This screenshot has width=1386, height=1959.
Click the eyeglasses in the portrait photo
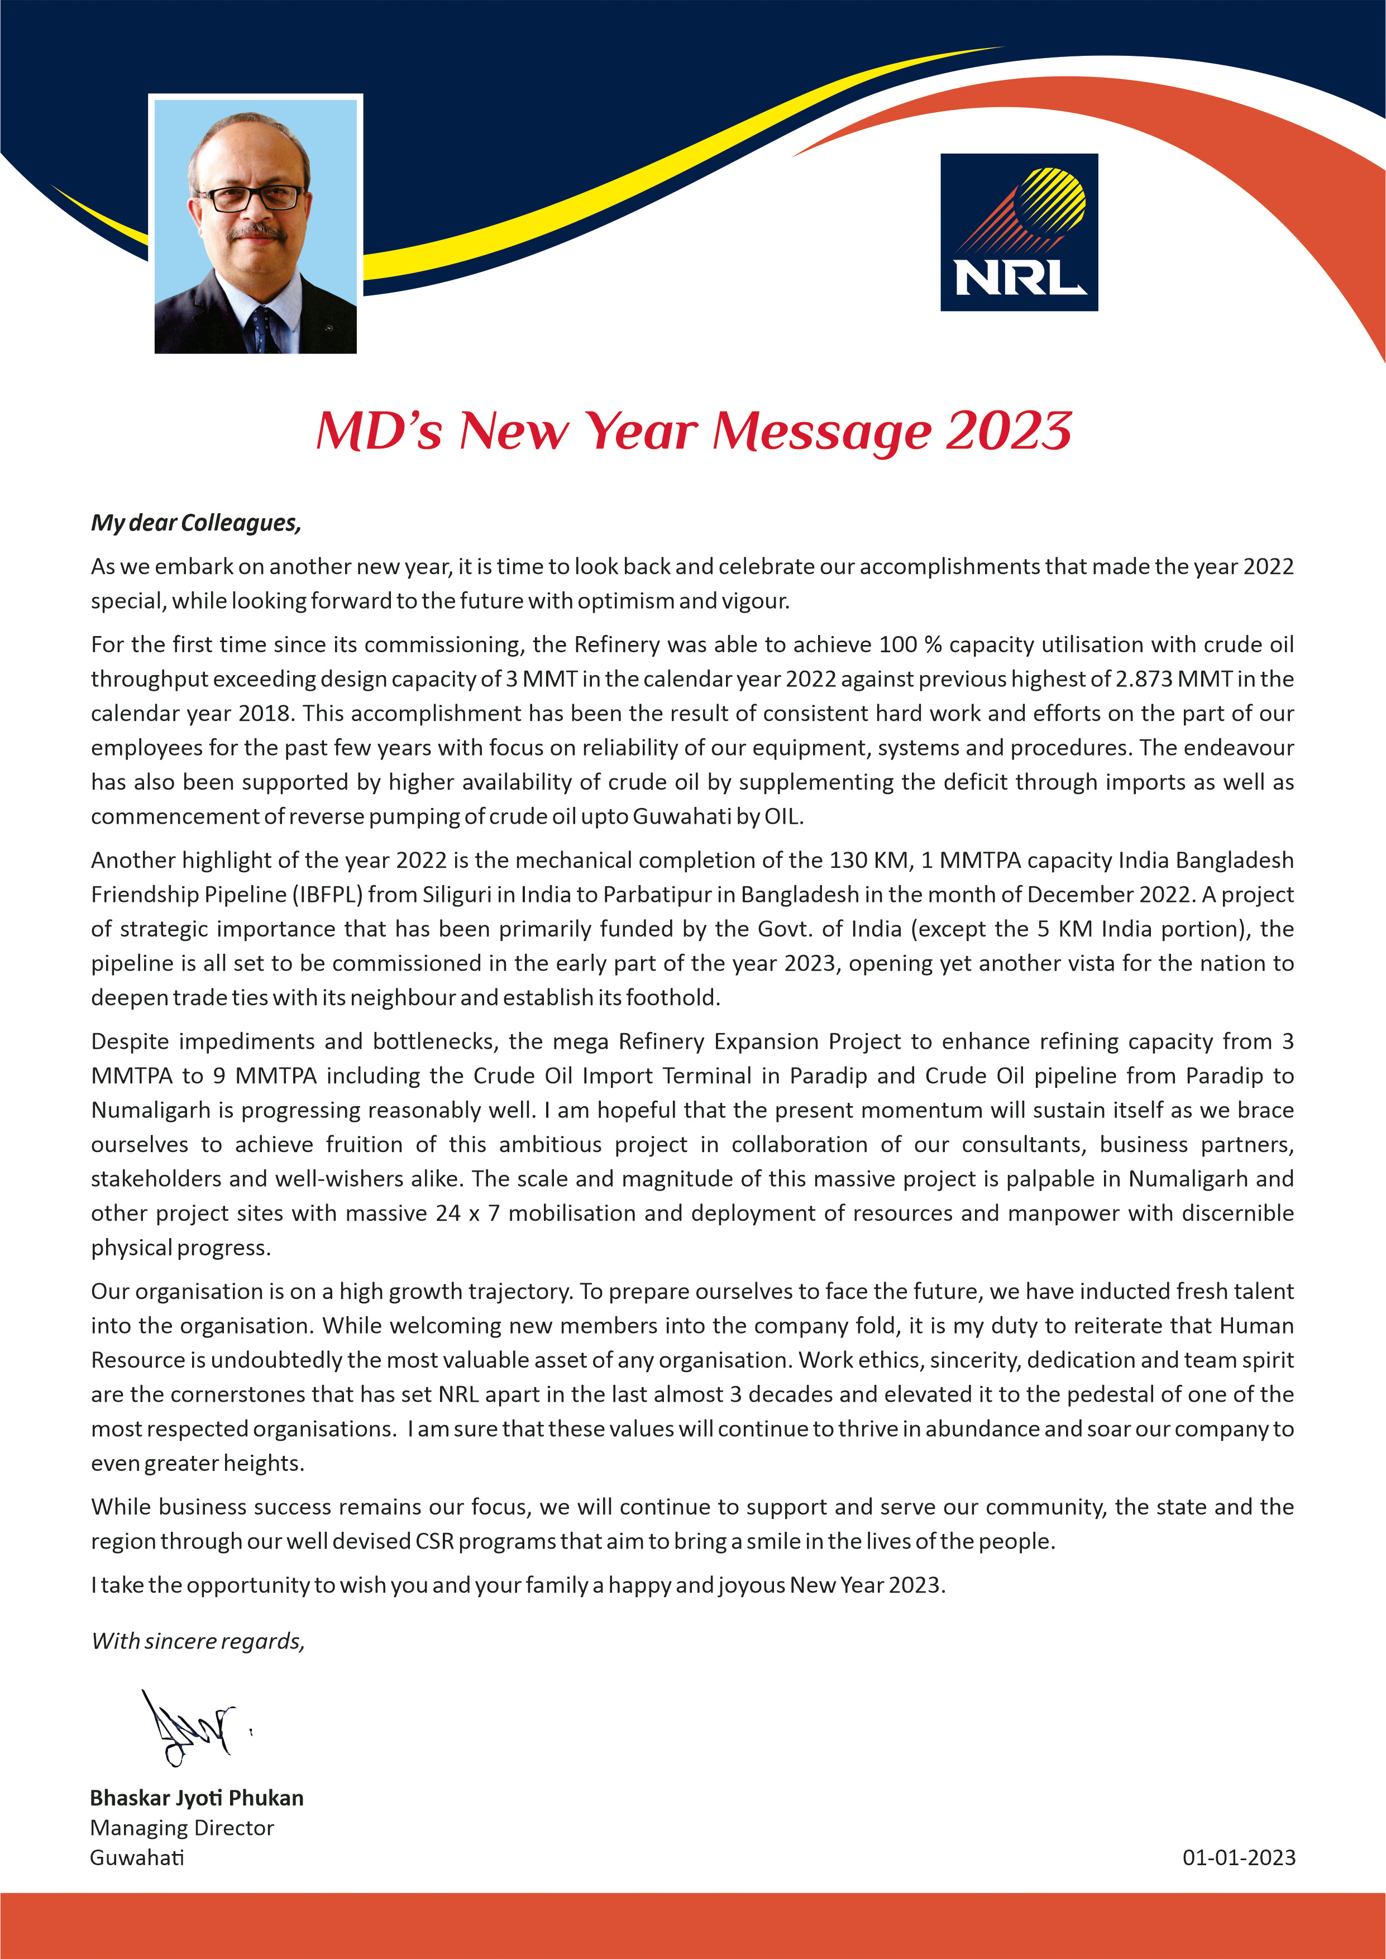(x=251, y=198)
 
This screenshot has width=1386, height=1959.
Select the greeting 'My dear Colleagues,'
(x=197, y=523)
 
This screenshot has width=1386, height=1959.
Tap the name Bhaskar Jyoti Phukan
(x=197, y=1798)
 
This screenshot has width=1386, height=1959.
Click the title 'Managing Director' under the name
(x=182, y=1828)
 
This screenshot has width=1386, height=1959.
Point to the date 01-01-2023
(x=1239, y=1857)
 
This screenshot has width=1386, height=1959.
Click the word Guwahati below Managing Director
(x=137, y=1857)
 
